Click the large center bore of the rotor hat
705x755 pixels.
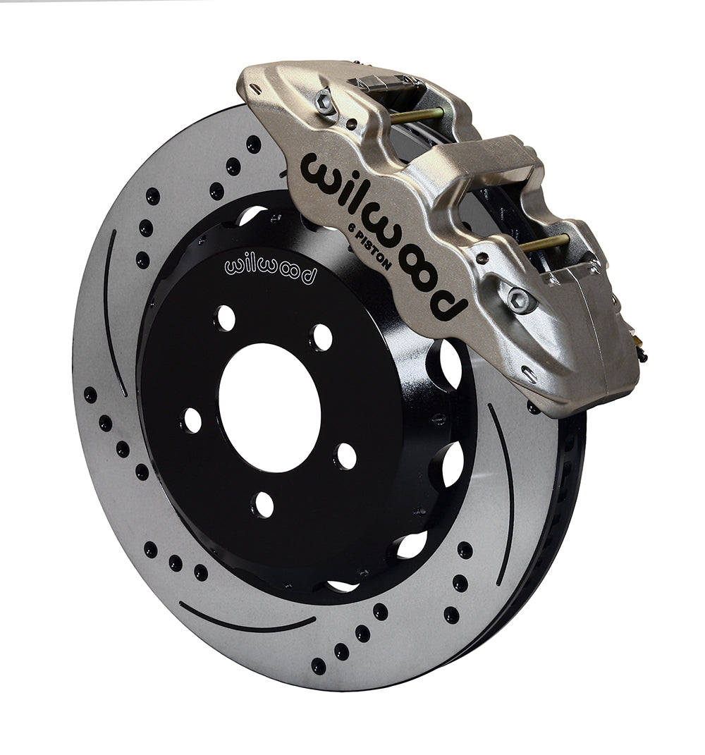(x=269, y=407)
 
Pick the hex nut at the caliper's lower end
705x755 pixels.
(x=520, y=300)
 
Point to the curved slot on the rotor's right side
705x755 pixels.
(x=503, y=493)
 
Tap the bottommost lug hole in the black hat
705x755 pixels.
(x=263, y=504)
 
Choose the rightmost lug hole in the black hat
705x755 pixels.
(x=345, y=455)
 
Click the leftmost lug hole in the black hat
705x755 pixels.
(x=192, y=420)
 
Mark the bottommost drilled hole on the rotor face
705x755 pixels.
(x=319, y=665)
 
